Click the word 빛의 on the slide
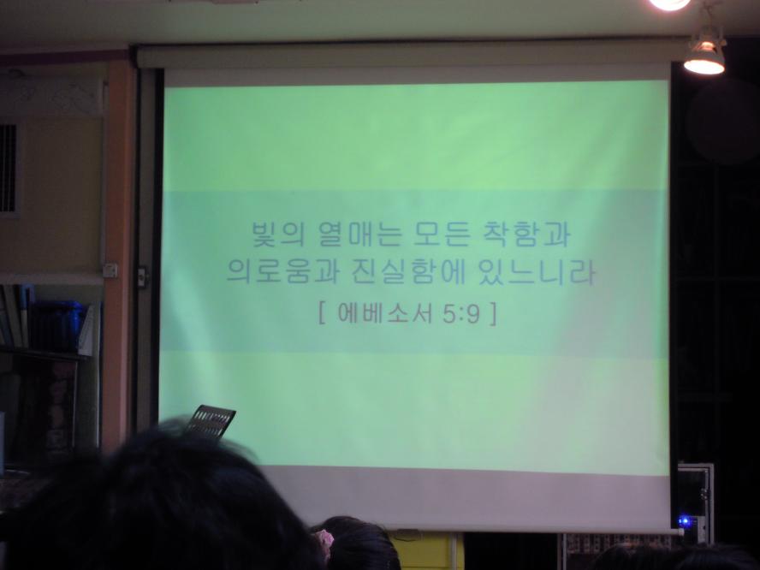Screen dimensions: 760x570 [x=277, y=235]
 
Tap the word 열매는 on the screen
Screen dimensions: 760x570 [x=360, y=235]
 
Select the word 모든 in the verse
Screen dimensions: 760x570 [x=442, y=235]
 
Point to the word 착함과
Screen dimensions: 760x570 [x=527, y=235]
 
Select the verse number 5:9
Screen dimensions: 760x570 [x=461, y=314]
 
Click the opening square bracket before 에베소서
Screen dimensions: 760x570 [x=322, y=313]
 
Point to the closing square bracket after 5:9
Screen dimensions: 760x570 [x=493, y=313]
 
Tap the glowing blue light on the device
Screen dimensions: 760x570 [x=685, y=521]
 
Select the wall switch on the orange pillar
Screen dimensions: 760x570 [x=110, y=270]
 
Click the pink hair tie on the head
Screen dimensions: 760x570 [x=324, y=539]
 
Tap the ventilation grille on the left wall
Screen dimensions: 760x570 [x=9, y=169]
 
